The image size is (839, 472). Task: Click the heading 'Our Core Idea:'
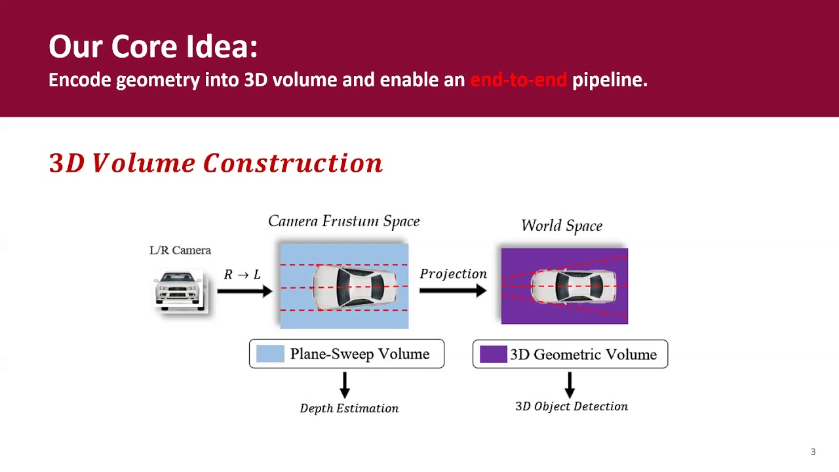coord(153,47)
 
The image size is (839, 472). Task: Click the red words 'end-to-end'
coord(518,80)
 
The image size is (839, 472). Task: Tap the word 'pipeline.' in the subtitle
coord(610,80)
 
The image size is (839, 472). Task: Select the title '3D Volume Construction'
coord(216,163)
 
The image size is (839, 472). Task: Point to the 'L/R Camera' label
coord(180,250)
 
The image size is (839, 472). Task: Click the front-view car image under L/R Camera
coord(180,290)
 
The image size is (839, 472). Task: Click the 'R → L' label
coord(242,275)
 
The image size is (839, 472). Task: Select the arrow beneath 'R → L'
coord(244,290)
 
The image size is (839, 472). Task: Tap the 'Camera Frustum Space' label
coord(343,222)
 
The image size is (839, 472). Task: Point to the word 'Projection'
coord(453,274)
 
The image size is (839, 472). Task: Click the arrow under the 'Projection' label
coord(453,290)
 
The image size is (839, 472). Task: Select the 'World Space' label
coord(562,226)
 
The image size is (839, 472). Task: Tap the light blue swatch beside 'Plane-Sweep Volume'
coord(270,354)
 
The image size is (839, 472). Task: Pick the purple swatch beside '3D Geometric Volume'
coord(493,355)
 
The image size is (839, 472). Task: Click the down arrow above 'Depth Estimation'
coord(345,385)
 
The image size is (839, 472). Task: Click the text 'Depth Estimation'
coord(349,408)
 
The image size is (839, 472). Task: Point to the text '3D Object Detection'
coord(571,406)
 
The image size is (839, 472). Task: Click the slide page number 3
coord(813,452)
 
